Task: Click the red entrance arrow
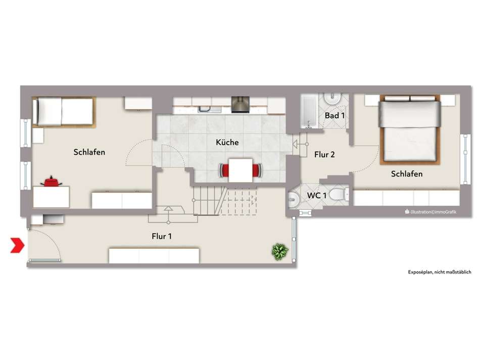[17, 245]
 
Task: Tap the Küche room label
[227, 142]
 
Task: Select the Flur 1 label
[162, 236]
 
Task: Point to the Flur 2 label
[324, 155]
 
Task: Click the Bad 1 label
[334, 115]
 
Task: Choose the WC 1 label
[316, 195]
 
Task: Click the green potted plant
[280, 251]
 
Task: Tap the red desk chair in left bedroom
[51, 182]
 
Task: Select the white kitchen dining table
[241, 170]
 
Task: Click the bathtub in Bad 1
[310, 111]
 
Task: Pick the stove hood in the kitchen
[241, 105]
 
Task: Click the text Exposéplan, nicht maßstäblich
[440, 272]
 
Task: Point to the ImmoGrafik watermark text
[430, 212]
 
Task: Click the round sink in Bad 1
[333, 99]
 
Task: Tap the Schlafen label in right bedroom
[407, 174]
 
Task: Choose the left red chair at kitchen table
[224, 170]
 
